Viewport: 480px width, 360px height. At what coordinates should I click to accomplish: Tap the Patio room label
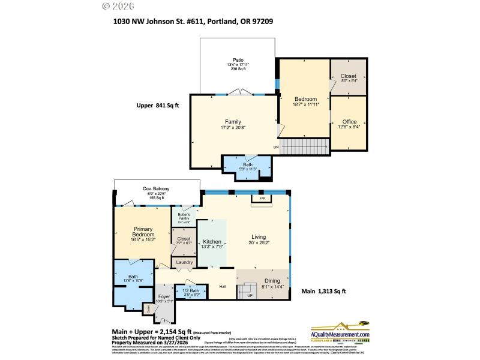coord(238,60)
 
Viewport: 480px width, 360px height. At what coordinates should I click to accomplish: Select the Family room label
coord(233,121)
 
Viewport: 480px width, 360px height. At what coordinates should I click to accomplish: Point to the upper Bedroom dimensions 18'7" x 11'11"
coord(306,104)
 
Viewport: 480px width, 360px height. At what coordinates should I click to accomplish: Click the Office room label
coord(349,122)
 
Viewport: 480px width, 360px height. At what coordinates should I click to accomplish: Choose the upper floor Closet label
coord(348,76)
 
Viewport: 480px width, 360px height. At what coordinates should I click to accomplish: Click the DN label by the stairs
coord(276,147)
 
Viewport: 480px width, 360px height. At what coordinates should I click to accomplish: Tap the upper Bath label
coord(248,164)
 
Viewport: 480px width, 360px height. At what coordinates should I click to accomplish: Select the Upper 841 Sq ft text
coord(157,105)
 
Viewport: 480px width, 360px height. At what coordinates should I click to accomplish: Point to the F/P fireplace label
coord(262,198)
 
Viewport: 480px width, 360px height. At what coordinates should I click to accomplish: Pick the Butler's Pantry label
coord(184,217)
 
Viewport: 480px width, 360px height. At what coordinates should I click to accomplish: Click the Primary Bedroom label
coord(143,232)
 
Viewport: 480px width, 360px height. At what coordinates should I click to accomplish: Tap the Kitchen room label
coord(212,241)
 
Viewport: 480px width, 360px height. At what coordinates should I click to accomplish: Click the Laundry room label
coord(184,262)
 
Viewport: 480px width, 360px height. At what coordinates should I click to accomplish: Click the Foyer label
coord(164,296)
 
